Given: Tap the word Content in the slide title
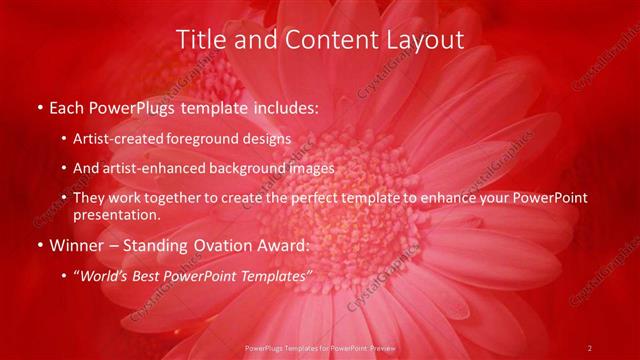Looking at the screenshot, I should point(318,40).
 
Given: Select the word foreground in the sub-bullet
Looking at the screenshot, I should point(218,139).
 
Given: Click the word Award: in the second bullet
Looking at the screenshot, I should point(290,245).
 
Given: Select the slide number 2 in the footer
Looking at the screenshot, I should point(590,347).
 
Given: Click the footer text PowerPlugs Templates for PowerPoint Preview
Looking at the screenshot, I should point(319,347).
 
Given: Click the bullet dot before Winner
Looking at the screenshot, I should point(39,246).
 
